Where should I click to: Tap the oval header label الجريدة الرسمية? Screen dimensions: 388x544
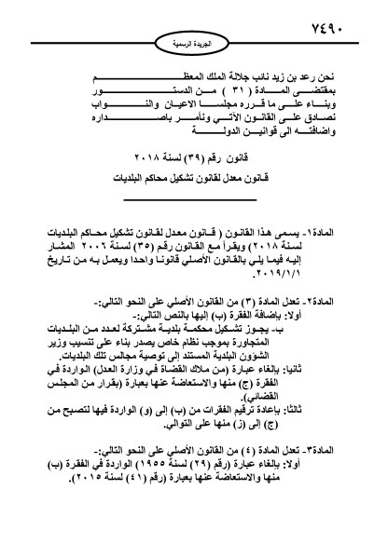194,44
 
